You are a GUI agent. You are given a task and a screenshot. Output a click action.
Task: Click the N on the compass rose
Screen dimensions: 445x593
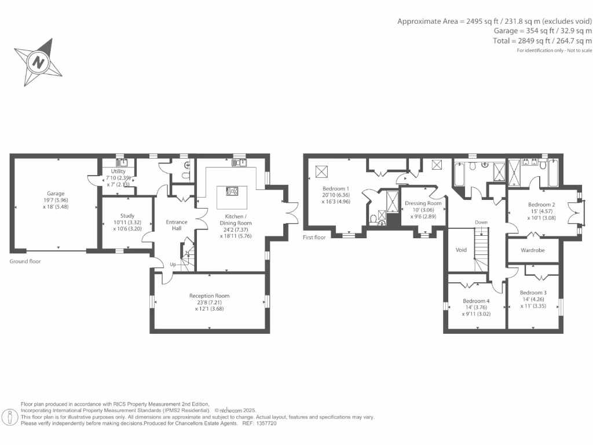coord(38,62)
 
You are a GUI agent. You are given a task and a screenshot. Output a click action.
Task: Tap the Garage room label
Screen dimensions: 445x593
coord(56,194)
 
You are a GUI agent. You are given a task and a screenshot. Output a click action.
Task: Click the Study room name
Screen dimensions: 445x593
coord(127,216)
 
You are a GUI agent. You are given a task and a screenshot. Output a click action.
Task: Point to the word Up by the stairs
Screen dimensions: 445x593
coord(173,265)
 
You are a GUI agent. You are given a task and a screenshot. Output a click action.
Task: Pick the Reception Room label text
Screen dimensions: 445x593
coord(209,296)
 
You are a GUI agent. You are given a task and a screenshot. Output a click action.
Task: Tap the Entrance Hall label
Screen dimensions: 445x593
coord(177,225)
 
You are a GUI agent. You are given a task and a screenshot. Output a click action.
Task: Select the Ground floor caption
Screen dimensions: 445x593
coord(25,261)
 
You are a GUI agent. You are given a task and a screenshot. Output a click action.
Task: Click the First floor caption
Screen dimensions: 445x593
coord(314,237)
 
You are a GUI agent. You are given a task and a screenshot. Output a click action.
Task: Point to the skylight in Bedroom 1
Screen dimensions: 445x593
coord(321,172)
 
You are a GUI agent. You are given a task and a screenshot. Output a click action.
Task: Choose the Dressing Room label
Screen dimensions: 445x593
coord(423,203)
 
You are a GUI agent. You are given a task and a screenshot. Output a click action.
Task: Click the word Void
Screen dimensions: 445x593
coord(461,250)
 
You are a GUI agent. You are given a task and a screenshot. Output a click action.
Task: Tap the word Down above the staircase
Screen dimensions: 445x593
coord(481,222)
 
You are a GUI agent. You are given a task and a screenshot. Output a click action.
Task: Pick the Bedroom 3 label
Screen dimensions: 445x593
coord(533,293)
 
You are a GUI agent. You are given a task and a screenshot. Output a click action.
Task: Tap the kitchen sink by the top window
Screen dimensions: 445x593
coord(239,163)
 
